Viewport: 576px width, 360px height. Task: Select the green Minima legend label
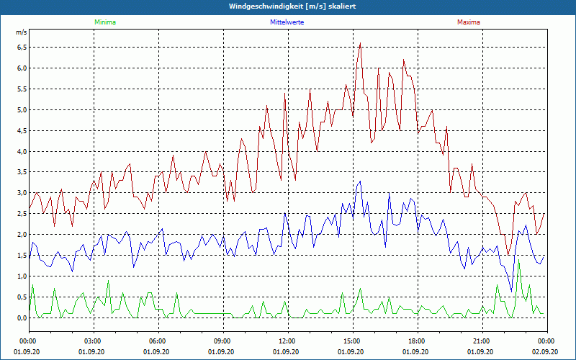(104, 22)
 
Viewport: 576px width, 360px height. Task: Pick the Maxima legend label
(469, 22)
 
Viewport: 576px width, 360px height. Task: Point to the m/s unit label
(21, 33)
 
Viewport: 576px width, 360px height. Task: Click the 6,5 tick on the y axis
(22, 48)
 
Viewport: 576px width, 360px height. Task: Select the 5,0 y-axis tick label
(22, 110)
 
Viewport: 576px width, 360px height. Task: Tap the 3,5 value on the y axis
(22, 173)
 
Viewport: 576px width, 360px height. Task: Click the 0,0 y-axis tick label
(22, 318)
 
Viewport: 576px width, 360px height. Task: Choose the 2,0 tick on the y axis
(22, 235)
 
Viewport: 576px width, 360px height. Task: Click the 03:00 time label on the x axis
(93, 341)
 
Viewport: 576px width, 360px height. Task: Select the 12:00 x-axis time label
(287, 341)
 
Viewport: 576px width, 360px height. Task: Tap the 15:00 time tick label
(351, 341)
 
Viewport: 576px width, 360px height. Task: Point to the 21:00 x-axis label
(481, 341)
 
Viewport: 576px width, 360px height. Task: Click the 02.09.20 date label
(545, 351)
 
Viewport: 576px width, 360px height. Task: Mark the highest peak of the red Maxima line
(360, 43)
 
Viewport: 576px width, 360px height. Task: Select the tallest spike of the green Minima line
(519, 259)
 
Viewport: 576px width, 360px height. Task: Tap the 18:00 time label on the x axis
(416, 341)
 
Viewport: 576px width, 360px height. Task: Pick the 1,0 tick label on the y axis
(22, 276)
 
